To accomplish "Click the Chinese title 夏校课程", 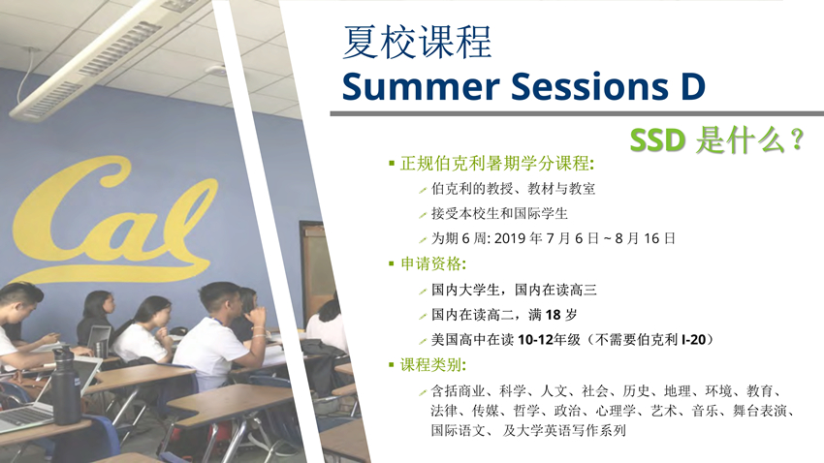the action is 417,42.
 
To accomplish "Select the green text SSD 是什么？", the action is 716,140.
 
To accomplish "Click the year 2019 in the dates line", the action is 510,238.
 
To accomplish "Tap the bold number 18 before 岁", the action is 553,315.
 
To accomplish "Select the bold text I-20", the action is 694,340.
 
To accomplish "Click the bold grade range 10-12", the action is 535,340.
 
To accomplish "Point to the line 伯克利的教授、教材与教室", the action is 513,189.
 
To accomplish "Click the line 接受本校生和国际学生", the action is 499,214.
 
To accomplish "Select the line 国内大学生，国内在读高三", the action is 514,290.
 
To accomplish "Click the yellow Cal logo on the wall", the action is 113,221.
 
